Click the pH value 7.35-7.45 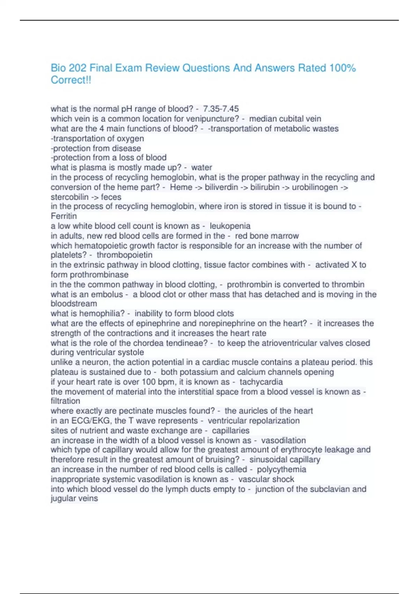click(x=221, y=109)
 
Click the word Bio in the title click(x=58, y=68)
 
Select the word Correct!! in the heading click(x=71, y=80)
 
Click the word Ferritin click(x=64, y=216)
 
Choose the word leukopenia click(x=230, y=226)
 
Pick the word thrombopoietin click(x=124, y=255)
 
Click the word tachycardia click(x=261, y=382)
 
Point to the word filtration click(x=65, y=401)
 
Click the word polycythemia click(x=281, y=470)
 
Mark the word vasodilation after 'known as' click(x=283, y=441)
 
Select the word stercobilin click(x=69, y=197)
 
